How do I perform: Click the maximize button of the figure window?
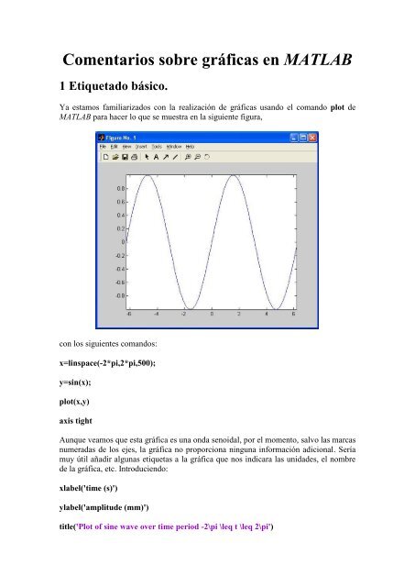(304, 138)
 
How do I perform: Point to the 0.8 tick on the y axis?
(121, 188)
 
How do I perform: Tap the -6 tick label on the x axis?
(129, 315)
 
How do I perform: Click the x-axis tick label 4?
(268, 315)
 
